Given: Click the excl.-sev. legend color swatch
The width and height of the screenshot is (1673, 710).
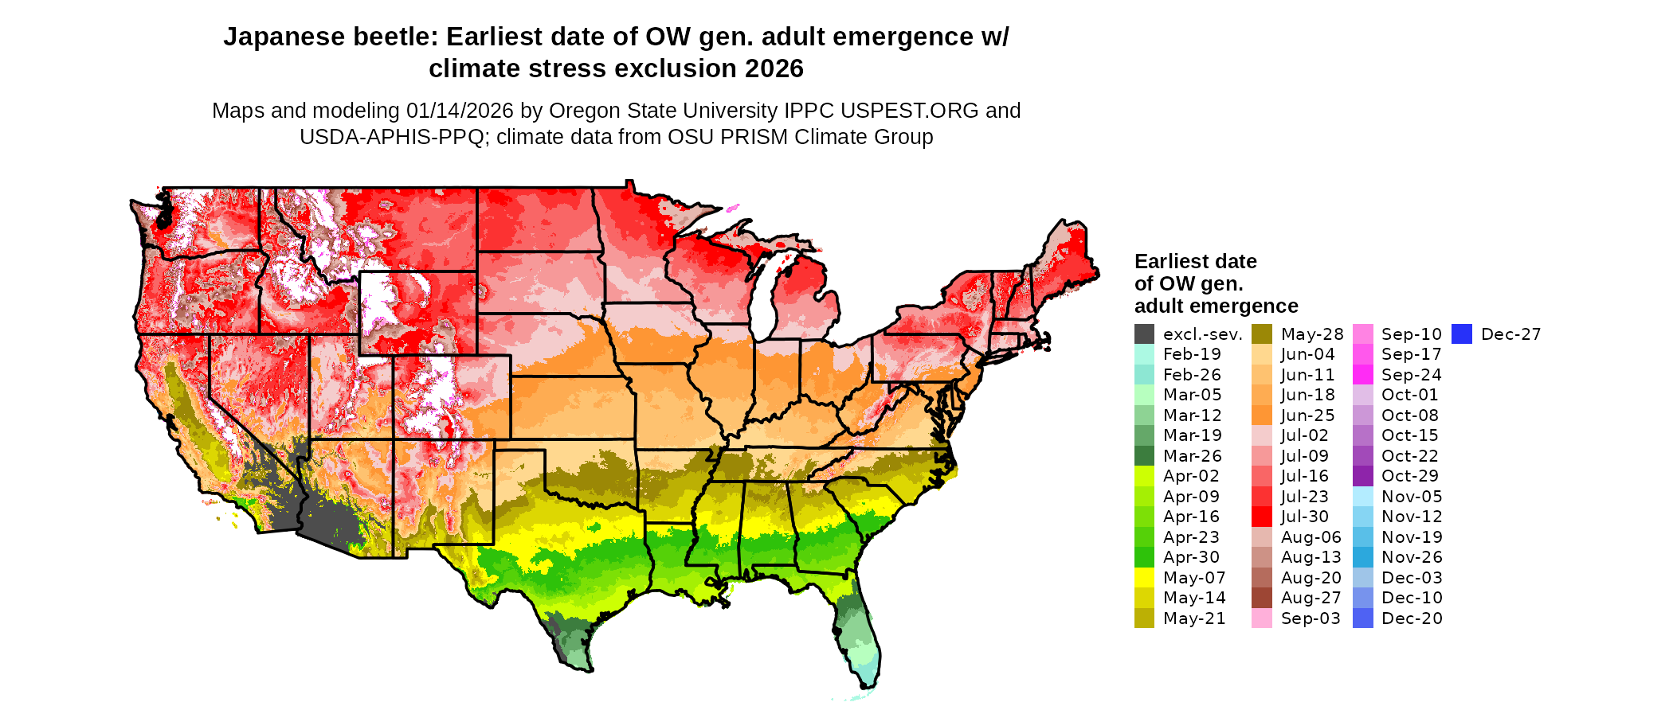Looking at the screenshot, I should point(1144,334).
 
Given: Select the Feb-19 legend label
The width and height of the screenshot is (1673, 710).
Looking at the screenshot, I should point(1191,354).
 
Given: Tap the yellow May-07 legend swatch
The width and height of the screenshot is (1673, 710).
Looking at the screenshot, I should point(1144,578).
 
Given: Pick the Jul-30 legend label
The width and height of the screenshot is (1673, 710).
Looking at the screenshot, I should point(1304,517).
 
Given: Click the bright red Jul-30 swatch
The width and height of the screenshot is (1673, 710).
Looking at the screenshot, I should point(1262,517).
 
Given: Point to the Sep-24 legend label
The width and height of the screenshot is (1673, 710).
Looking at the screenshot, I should point(1411,375).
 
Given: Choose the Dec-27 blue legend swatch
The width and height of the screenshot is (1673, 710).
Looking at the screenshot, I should point(1462,334).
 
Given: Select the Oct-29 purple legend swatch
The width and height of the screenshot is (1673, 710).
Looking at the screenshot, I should point(1363,476).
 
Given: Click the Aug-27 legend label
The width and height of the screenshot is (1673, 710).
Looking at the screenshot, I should point(1311,598).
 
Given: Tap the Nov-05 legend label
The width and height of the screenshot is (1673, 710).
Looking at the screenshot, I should point(1412,497).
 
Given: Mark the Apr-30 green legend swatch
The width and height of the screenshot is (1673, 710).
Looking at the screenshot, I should point(1144,557).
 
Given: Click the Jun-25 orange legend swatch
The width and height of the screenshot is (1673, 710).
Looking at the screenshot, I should point(1262,415).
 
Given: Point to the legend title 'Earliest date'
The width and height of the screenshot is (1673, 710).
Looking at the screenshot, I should point(1195,262).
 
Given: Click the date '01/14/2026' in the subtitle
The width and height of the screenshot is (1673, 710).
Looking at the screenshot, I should point(460,111).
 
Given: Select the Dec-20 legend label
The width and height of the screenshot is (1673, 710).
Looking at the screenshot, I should point(1412,618).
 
